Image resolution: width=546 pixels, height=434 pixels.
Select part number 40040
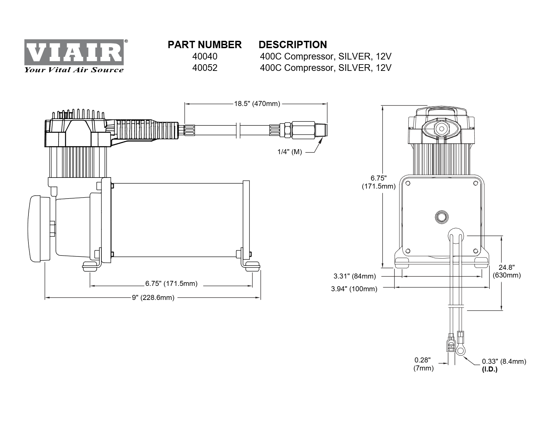(x=205, y=56)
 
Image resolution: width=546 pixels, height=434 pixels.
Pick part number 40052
(x=205, y=68)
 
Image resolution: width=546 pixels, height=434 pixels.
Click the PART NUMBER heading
(x=205, y=44)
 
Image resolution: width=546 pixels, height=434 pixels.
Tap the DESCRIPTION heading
(x=293, y=44)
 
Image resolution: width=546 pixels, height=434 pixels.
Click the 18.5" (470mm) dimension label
(x=257, y=104)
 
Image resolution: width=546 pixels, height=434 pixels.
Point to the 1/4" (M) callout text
(x=290, y=152)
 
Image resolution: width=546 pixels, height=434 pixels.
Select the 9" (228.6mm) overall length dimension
(x=153, y=298)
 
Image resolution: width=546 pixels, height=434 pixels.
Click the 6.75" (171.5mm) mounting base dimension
(x=171, y=284)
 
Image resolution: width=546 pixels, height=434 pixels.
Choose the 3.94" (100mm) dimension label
(x=354, y=289)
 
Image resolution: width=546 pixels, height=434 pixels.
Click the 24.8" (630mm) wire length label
(x=506, y=271)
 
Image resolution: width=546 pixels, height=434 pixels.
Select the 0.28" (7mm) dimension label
(x=423, y=364)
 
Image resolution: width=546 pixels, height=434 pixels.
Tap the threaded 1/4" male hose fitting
(x=321, y=130)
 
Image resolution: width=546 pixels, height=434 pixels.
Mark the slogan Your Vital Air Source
(x=74, y=70)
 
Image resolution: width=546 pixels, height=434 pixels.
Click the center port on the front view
(x=442, y=216)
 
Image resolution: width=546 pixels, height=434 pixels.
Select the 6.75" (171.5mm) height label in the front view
(x=379, y=182)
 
